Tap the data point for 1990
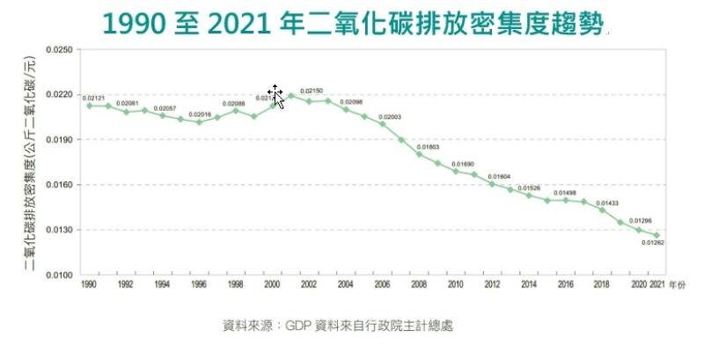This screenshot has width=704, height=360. tap(89, 106)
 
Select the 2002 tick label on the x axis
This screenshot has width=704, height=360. tap(309, 285)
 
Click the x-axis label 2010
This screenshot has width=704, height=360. tap(455, 285)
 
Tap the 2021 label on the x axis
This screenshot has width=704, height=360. tap(656, 285)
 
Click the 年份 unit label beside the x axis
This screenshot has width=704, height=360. tap(676, 285)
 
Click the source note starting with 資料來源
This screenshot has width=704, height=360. tap(338, 326)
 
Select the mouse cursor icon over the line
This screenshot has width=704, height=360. tap(276, 96)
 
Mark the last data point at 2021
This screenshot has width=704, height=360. tap(656, 235)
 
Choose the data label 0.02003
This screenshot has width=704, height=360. tap(390, 117)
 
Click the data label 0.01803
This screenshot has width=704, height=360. tap(428, 146)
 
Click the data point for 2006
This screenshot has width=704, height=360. tap(382, 123)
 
